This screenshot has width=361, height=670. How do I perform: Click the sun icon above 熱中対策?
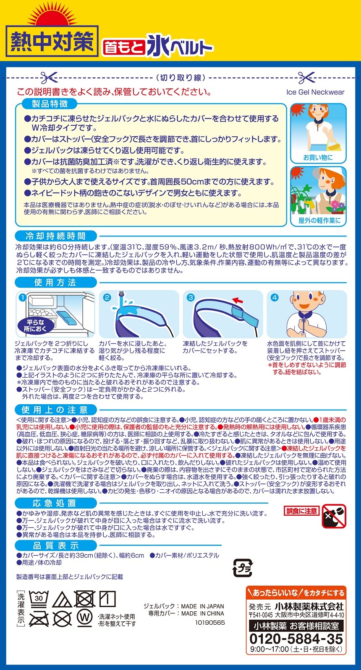pos(52,16)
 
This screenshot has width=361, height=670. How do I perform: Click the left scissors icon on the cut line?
pos(49,78)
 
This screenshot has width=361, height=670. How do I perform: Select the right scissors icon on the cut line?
pos(306,78)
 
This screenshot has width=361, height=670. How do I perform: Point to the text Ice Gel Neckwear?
pos(315,92)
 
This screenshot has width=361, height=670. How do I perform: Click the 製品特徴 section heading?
pos(50,104)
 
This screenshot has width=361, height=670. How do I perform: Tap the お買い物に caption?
pos(318,157)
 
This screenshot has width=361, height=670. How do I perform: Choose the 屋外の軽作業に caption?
pos(319,221)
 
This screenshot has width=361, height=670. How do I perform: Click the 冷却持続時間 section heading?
pos(56,236)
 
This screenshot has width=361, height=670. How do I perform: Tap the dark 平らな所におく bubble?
pos(36,325)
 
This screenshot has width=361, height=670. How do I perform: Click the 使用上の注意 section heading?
pos(55,410)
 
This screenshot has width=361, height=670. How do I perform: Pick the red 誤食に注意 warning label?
pos(302,511)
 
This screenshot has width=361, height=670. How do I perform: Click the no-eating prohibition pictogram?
pos(334,516)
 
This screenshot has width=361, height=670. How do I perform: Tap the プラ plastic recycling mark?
pos(243,568)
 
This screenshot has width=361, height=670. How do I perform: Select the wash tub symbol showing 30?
pos(39,598)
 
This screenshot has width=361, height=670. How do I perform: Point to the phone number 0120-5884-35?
pos(296,639)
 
